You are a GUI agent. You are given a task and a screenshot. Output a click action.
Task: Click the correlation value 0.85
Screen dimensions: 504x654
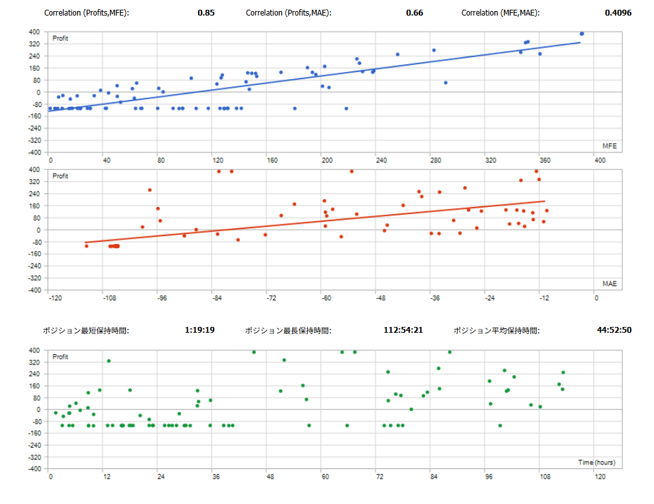(206, 12)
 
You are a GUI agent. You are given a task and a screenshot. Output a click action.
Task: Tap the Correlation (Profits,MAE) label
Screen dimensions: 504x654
(288, 12)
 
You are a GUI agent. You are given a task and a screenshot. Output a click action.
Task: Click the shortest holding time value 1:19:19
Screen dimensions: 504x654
(199, 330)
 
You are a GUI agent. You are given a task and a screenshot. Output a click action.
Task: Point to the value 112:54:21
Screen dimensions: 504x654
(403, 330)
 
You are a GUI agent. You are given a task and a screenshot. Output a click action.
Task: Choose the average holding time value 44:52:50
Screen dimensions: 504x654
(614, 330)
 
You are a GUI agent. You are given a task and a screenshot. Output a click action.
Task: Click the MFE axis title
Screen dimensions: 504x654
(609, 146)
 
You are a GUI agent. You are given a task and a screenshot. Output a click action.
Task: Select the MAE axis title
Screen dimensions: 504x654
(609, 283)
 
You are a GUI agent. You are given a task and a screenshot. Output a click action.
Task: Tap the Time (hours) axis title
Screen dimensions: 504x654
(596, 462)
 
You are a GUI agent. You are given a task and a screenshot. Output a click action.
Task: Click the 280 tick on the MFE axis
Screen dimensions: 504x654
(435, 160)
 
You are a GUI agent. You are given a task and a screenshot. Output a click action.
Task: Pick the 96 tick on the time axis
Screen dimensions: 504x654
(489, 477)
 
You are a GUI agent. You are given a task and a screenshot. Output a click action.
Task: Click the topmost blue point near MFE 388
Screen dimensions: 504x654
(582, 34)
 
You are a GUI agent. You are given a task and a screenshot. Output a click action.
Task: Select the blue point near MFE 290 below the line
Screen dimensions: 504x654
(446, 82)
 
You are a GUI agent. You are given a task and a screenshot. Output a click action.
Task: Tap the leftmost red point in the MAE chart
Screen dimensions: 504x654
(86, 246)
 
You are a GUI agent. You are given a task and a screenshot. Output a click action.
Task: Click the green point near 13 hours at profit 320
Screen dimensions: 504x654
(108, 361)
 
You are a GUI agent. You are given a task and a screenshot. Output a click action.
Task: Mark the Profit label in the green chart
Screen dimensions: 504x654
(60, 357)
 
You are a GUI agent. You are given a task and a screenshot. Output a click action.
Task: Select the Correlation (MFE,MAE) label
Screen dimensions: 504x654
(500, 12)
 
